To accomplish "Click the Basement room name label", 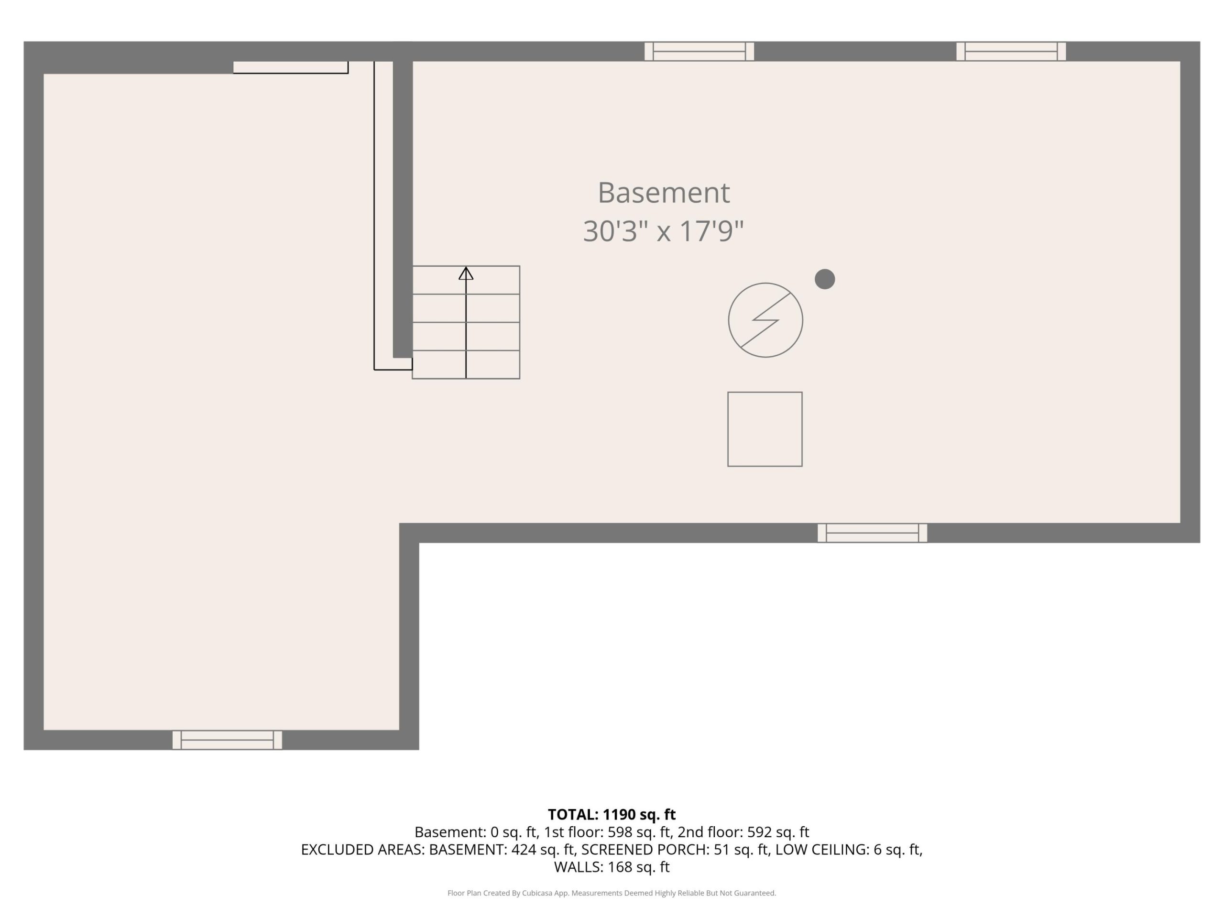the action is point(664,193).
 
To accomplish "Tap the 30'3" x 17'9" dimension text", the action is point(664,231).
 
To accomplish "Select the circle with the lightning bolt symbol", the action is point(765,320).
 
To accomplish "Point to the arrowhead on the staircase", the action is point(466,273).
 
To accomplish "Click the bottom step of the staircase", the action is point(466,365).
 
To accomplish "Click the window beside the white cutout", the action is point(872,533).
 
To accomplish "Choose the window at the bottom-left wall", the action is point(227,740).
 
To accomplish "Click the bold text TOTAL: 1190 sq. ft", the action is point(612,815).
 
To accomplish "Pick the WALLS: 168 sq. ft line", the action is point(612,867).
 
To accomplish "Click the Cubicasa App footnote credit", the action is point(612,893).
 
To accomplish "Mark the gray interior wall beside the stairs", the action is point(403,209).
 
